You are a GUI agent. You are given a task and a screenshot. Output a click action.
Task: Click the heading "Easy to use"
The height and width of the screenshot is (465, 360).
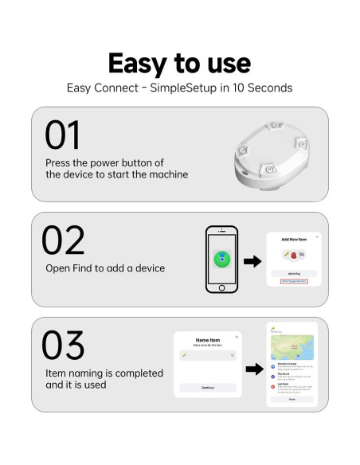tap(179, 63)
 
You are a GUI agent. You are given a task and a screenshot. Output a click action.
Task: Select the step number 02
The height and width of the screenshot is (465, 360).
tap(63, 240)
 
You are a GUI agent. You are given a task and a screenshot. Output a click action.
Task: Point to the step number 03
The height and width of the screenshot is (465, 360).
tap(63, 345)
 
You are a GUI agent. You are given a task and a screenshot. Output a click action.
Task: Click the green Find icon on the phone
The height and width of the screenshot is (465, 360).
tap(222, 260)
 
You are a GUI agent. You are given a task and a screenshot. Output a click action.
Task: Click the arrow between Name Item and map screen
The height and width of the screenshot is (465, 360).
tap(254, 369)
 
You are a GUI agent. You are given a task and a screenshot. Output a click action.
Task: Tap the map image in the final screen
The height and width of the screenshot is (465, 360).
tap(292, 346)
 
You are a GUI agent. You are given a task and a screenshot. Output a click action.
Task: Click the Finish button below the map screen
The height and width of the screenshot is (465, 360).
tap(292, 400)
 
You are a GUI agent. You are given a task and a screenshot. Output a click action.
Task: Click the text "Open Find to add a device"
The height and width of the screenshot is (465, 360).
tap(105, 268)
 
